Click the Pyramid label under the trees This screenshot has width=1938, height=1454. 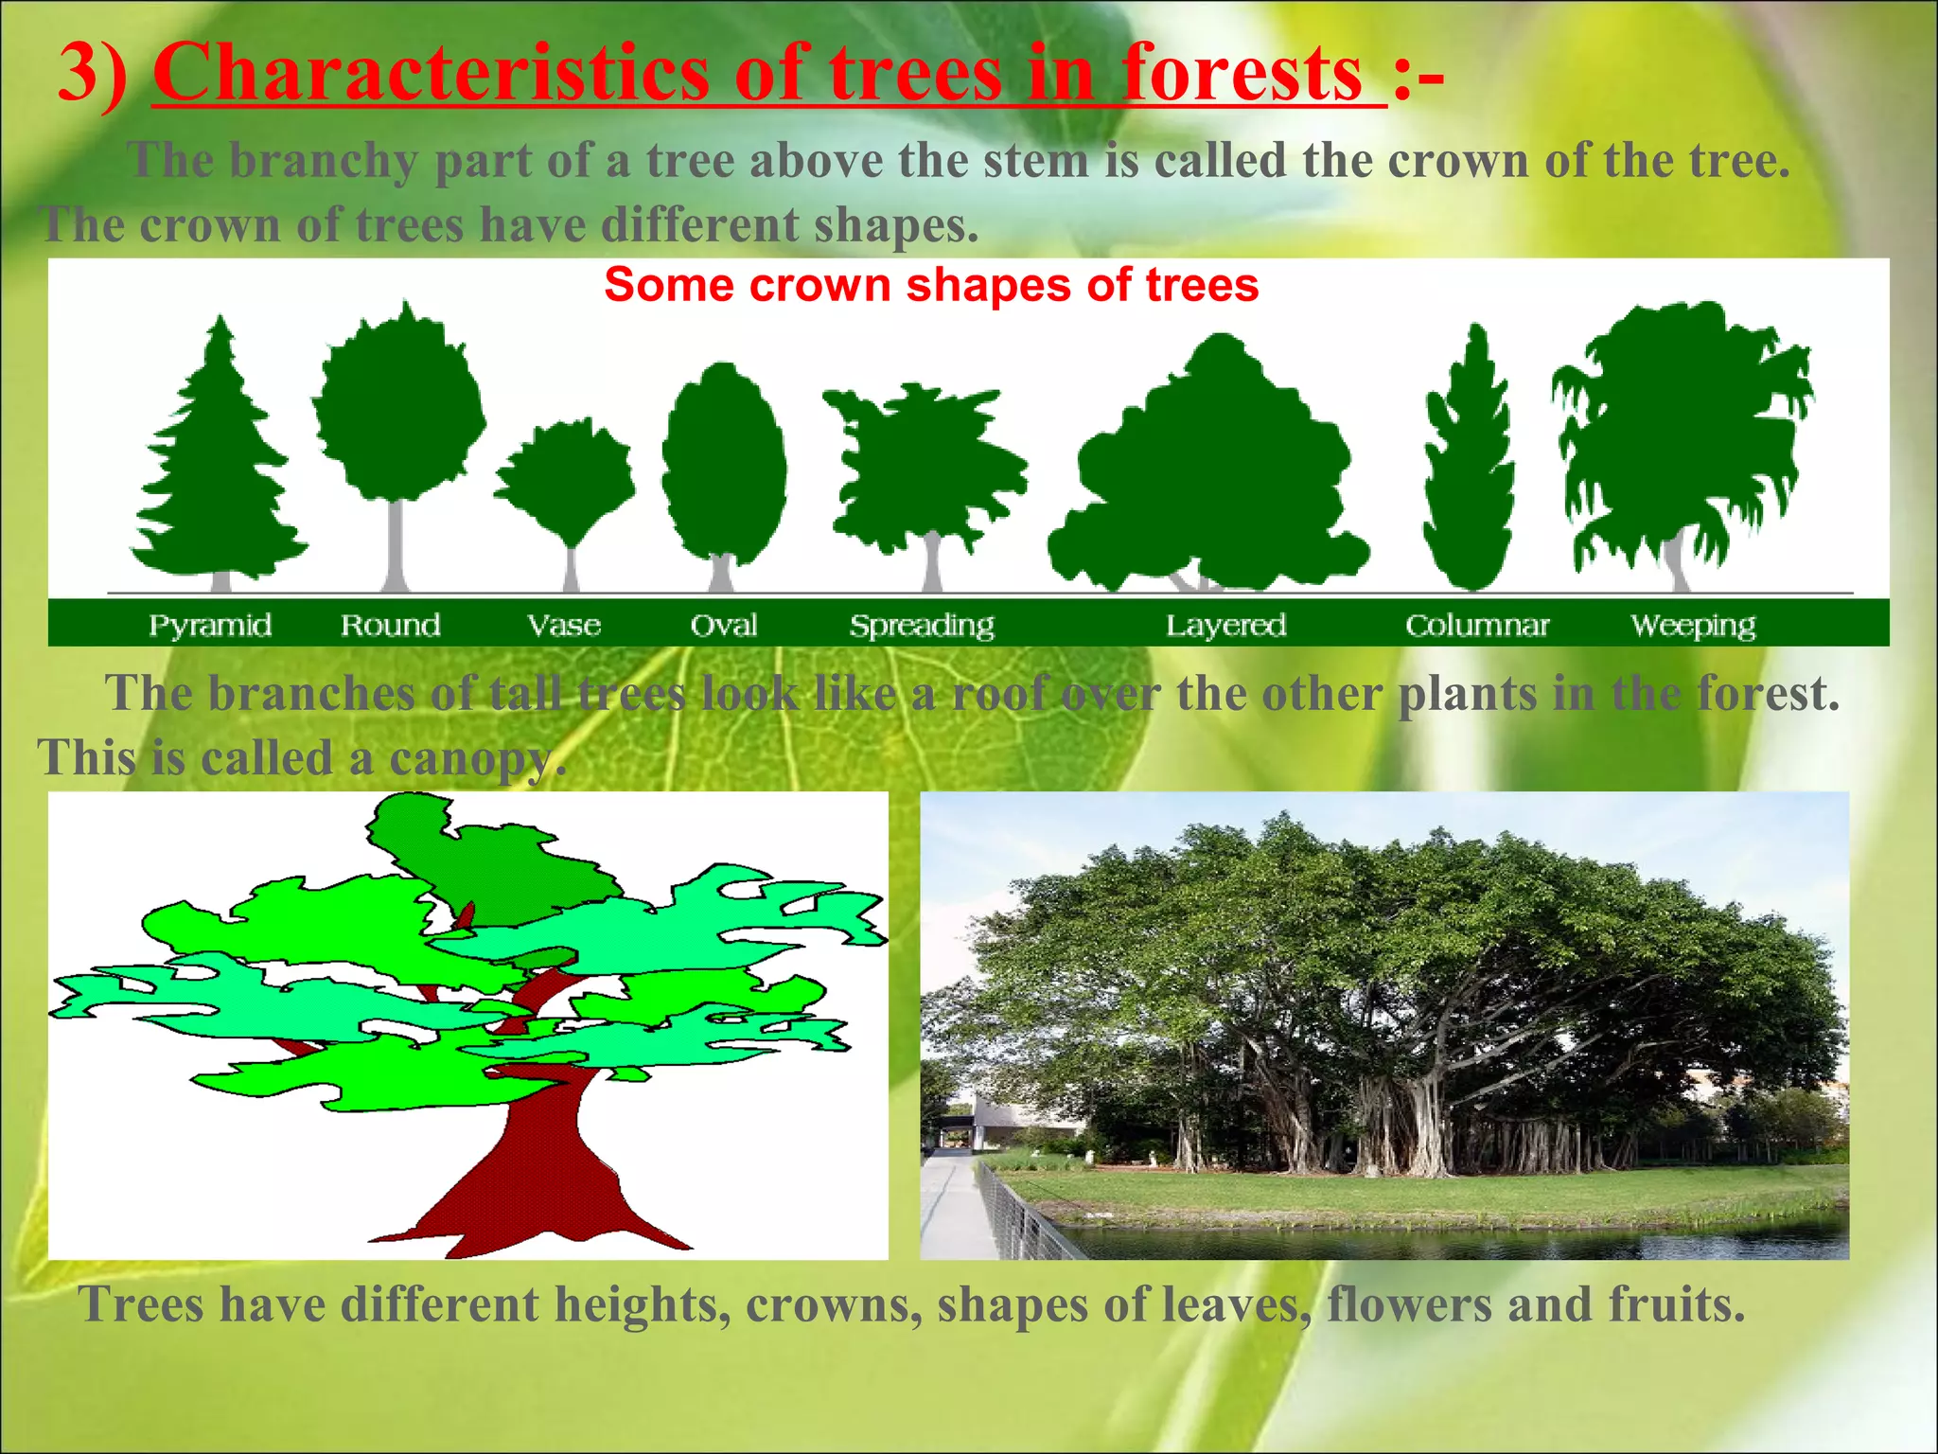pyautogui.click(x=210, y=626)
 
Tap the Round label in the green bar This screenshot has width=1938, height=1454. pyautogui.click(x=390, y=626)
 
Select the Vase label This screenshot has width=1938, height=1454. pyautogui.click(x=564, y=626)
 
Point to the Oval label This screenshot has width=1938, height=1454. pyautogui.click(x=724, y=626)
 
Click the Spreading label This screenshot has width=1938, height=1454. pyautogui.click(x=922, y=626)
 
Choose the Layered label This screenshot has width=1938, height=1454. pyautogui.click(x=1225, y=626)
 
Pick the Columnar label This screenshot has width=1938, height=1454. pyautogui.click(x=1477, y=626)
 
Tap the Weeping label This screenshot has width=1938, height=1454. pyautogui.click(x=1693, y=626)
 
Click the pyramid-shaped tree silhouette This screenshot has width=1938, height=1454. pyautogui.click(x=218, y=464)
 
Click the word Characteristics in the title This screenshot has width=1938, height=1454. pyautogui.click(x=431, y=74)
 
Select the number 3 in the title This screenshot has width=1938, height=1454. pyautogui.click(x=78, y=74)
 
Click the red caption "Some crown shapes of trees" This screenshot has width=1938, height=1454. pyautogui.click(x=931, y=285)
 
